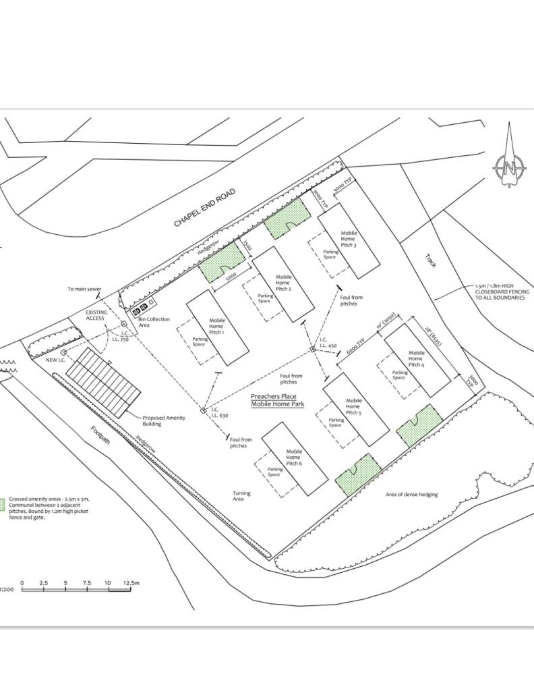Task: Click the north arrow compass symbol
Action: (x=510, y=164)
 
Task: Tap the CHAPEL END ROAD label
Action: (x=204, y=208)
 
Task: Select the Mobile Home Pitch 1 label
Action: (x=217, y=327)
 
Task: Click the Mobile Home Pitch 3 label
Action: (x=349, y=239)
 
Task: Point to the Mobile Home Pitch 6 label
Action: (x=293, y=458)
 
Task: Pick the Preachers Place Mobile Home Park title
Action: (x=278, y=400)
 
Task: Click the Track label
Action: (x=430, y=260)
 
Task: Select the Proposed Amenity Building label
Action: (x=163, y=421)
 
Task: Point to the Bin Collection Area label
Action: (x=154, y=322)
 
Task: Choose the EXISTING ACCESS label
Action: (x=95, y=315)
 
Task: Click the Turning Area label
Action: (x=241, y=496)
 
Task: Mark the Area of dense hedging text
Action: (x=411, y=495)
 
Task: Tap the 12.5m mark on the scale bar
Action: (x=130, y=583)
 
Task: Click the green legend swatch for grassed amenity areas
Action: (x=2, y=504)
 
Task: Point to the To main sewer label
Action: (x=84, y=289)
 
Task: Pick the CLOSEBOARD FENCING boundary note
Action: (x=502, y=292)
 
